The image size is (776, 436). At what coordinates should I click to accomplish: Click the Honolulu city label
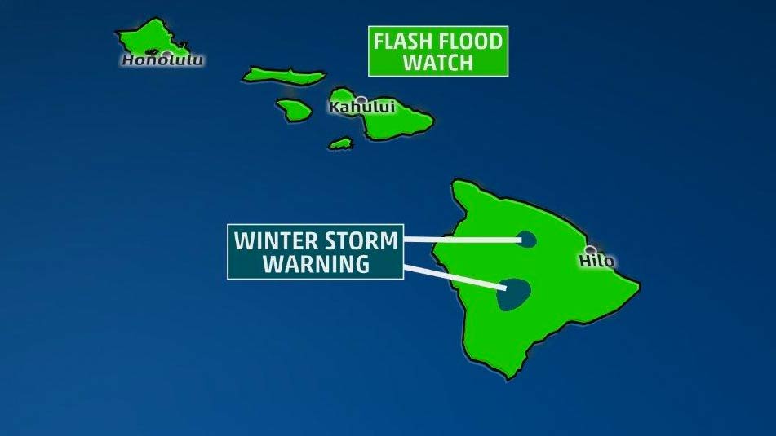pos(162,60)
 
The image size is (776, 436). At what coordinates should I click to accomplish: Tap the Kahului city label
pos(361,108)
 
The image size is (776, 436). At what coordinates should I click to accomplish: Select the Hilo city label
pos(596,262)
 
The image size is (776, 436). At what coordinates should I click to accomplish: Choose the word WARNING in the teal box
pos(314,264)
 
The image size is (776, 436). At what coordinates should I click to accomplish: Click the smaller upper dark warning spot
pos(526,240)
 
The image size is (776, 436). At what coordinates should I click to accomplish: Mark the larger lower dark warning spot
pos(513,293)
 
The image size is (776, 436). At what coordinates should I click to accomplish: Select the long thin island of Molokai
pos(282,74)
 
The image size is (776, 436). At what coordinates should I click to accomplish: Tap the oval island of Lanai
pos(294,108)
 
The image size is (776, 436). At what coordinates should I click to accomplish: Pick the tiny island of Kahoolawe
pos(340,143)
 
